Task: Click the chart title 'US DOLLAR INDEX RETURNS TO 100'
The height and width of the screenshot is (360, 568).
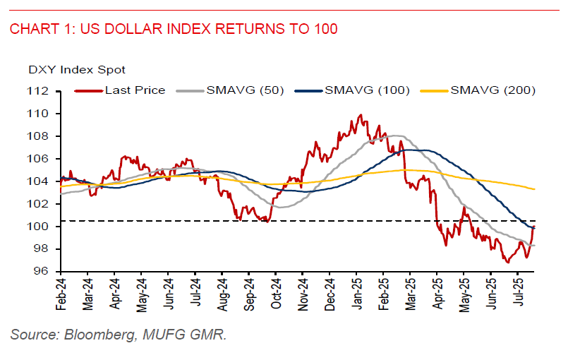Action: [209, 29]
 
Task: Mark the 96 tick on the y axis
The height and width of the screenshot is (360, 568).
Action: [43, 272]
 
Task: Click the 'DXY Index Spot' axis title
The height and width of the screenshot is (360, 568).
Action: [77, 70]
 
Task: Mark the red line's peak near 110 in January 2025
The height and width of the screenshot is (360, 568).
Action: [361, 115]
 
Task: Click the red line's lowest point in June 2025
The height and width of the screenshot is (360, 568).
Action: [507, 263]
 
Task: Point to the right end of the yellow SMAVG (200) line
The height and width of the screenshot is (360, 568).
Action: [534, 189]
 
